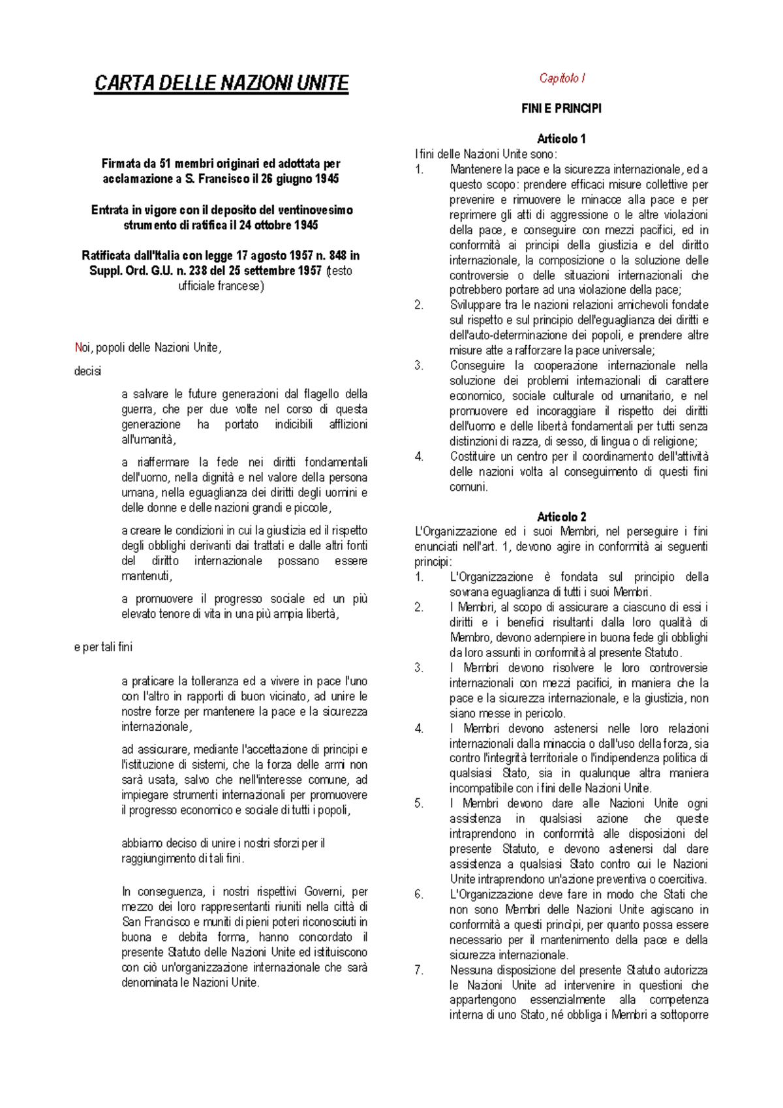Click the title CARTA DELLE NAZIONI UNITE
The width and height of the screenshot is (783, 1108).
(221, 84)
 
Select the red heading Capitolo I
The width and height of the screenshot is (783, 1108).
(561, 78)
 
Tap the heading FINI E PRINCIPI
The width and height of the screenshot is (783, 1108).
(561, 109)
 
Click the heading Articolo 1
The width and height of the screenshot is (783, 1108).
(561, 139)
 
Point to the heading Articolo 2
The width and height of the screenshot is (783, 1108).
(561, 517)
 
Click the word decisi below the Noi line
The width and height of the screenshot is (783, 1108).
(87, 371)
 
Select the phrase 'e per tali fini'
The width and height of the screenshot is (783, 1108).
(103, 647)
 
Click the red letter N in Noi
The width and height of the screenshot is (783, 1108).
(78, 348)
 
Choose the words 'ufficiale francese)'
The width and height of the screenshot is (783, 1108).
(221, 286)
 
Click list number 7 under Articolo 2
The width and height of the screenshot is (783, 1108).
(419, 970)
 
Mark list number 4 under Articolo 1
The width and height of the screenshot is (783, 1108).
(419, 457)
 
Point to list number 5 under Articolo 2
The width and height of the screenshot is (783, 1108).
(419, 804)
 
